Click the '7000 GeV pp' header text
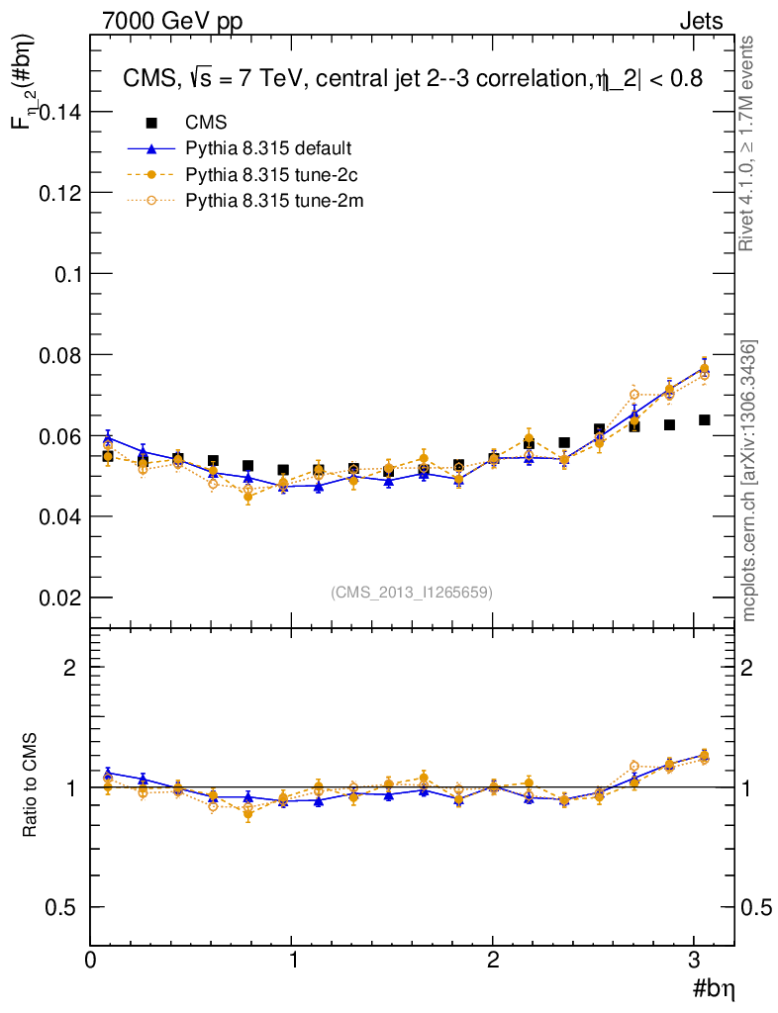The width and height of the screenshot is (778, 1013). click(x=172, y=21)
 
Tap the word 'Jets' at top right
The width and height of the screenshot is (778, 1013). click(x=700, y=21)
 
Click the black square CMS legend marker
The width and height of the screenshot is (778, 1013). click(x=152, y=123)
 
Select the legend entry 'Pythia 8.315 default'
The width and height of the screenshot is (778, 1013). click(x=268, y=148)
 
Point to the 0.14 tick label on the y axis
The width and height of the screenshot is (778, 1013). click(x=58, y=112)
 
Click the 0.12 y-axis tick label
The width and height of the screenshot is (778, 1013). click(x=58, y=193)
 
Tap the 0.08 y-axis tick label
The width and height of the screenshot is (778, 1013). click(x=58, y=354)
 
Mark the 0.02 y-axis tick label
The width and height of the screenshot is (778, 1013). click(x=58, y=598)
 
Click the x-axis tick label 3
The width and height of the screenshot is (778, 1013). click(x=695, y=960)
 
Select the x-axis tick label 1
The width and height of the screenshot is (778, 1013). click(x=292, y=960)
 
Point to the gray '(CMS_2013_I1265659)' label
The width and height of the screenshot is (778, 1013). click(x=412, y=592)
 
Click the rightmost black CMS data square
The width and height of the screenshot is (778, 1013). click(x=704, y=420)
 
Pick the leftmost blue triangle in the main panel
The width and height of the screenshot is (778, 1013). click(x=108, y=436)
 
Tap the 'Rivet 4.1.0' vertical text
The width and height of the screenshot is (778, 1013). click(x=748, y=143)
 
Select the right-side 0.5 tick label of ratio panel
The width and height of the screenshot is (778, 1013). click(x=757, y=907)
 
